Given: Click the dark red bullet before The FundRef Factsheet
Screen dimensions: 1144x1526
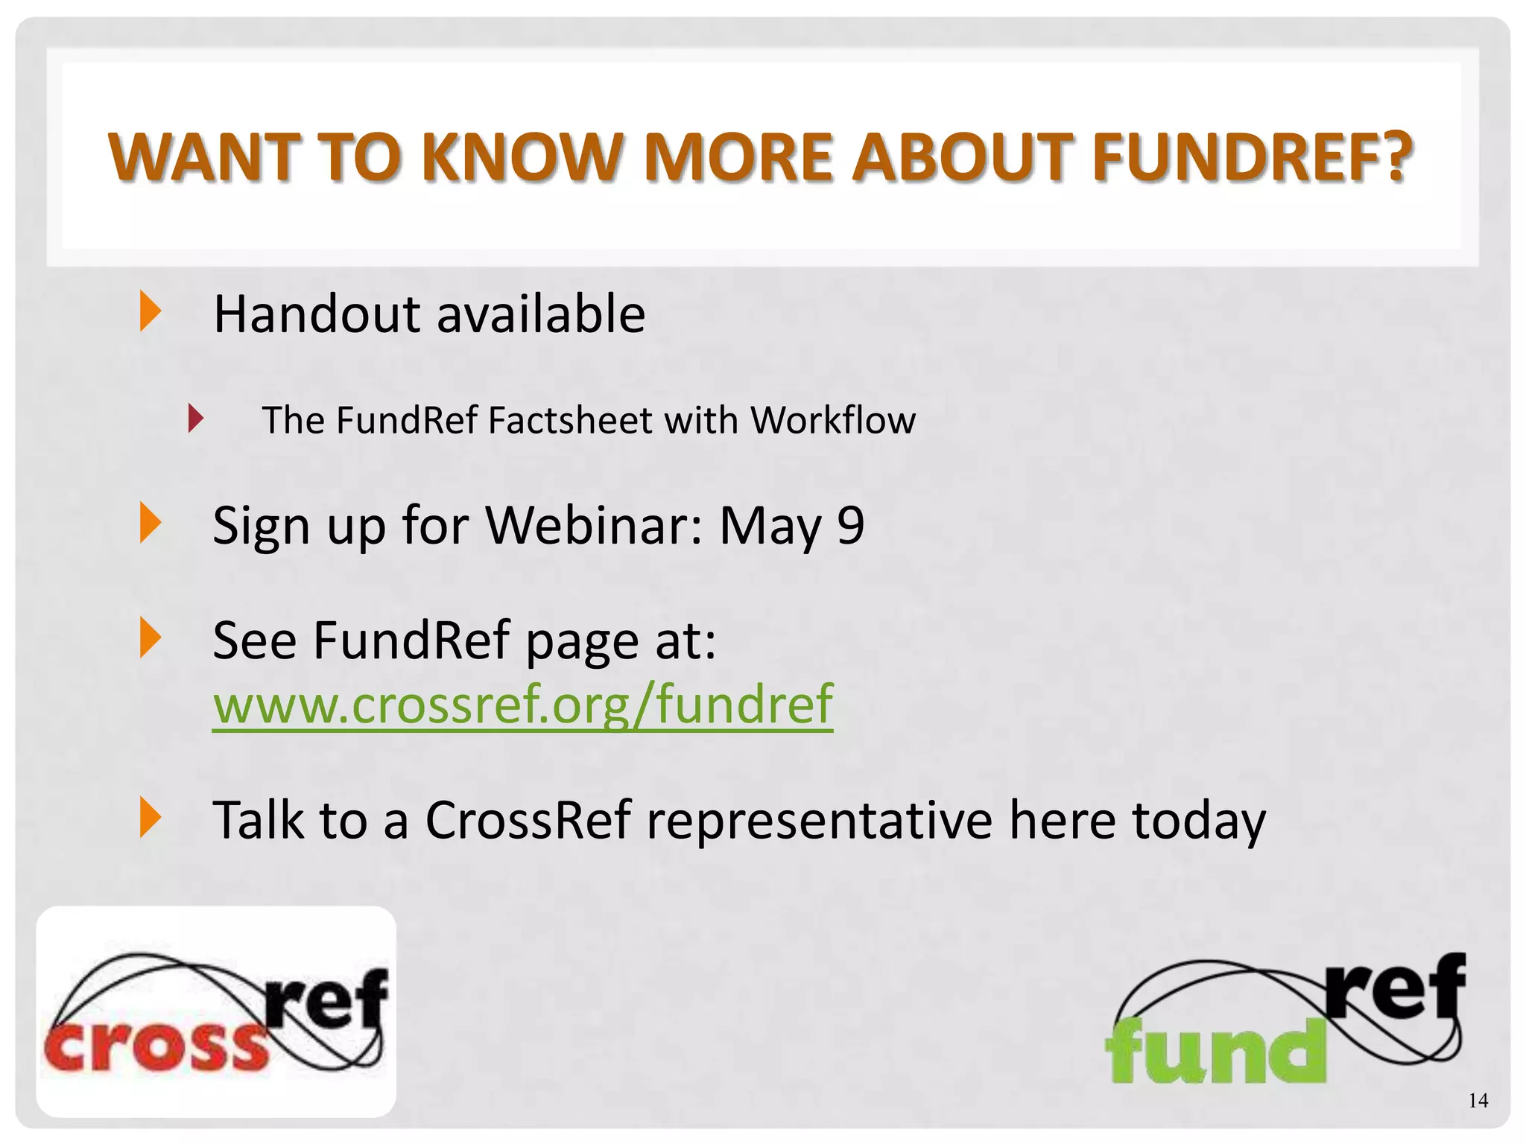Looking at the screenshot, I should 195,419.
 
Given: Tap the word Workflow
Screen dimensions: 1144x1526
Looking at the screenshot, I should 832,420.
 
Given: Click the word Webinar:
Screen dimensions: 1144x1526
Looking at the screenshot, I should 594,525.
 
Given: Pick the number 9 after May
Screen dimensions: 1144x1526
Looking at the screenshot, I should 850,525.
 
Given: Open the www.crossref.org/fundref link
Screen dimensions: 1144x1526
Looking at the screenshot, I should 522,704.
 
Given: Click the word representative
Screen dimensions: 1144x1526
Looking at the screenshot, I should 819,819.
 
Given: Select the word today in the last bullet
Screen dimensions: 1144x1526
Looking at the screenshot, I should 1198,821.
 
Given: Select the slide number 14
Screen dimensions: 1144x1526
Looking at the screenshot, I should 1478,1101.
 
